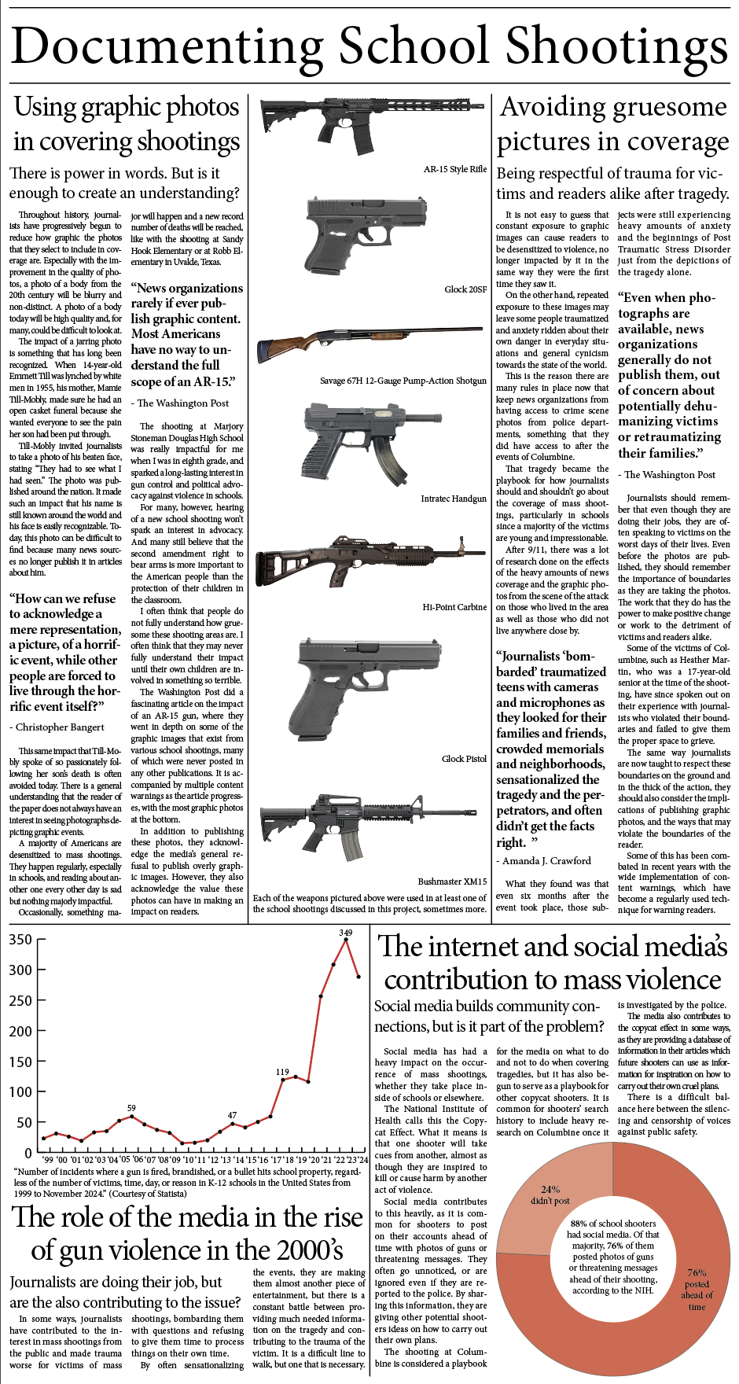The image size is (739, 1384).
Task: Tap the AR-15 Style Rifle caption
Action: click(x=455, y=169)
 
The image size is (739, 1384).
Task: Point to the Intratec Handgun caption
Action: click(x=454, y=499)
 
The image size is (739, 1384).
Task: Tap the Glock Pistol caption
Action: click(x=464, y=759)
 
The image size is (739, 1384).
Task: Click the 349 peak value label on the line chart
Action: click(x=345, y=933)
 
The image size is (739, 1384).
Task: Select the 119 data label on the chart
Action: click(x=282, y=1072)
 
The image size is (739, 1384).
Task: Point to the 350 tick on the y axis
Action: click(x=21, y=940)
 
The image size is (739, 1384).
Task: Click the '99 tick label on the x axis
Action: click(x=48, y=1160)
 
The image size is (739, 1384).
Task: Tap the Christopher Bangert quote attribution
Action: click(x=60, y=727)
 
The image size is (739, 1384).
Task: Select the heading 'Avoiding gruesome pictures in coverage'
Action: click(x=613, y=124)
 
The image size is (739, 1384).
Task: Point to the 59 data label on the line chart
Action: click(x=131, y=1108)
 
